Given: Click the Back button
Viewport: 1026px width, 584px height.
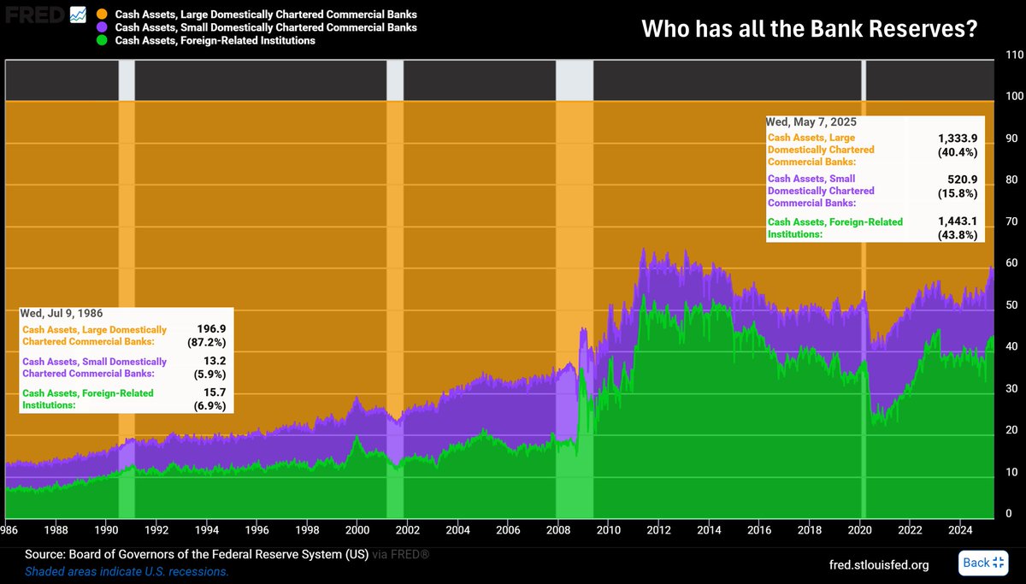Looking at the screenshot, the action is [x=983, y=563].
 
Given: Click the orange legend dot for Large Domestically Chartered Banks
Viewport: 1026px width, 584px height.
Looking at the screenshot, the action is [x=102, y=15].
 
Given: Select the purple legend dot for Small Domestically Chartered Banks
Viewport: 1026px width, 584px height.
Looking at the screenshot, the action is [x=102, y=27].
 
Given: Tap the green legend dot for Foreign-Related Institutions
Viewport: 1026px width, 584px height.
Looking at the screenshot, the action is [x=102, y=40].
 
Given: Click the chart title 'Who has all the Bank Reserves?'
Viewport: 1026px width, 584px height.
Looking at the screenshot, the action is [x=810, y=28].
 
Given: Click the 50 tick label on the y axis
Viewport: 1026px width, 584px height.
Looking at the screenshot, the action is [x=1011, y=304].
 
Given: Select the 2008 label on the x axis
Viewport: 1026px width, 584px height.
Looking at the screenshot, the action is [x=557, y=530].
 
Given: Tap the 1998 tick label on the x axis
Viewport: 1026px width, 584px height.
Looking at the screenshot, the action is [x=307, y=530].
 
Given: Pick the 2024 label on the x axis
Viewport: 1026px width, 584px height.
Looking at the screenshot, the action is [x=960, y=530].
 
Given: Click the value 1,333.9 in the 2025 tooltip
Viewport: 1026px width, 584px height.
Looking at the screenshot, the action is [x=958, y=138].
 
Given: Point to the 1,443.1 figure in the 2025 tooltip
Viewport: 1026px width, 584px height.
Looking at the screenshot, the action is [x=958, y=221].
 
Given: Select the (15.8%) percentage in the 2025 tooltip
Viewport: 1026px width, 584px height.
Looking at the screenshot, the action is [x=958, y=193].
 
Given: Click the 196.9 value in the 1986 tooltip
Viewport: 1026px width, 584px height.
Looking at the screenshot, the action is [x=211, y=329].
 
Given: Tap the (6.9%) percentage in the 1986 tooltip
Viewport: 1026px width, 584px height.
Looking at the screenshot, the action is [x=209, y=406].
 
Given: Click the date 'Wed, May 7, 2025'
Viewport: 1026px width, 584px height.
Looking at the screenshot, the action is [x=811, y=121].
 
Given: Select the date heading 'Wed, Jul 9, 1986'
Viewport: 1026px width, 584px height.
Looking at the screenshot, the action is [x=62, y=313].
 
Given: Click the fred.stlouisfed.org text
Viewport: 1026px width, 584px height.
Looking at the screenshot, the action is [x=879, y=565].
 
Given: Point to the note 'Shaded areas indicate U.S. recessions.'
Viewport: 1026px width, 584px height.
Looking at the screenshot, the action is [x=127, y=572].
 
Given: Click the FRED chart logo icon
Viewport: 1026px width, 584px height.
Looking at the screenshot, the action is [x=78, y=15].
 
